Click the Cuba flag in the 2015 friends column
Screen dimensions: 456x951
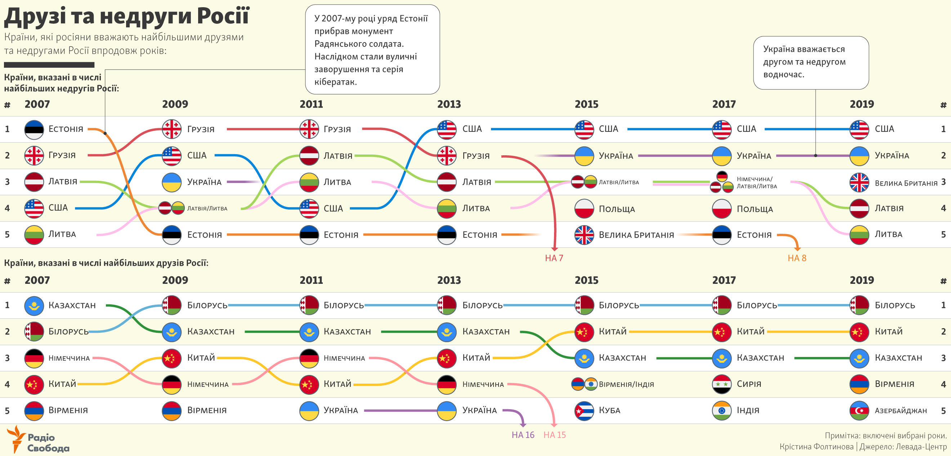(584, 411)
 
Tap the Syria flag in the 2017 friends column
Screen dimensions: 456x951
(722, 384)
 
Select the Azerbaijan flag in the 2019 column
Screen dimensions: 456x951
(859, 411)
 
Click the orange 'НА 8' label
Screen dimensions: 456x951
(797, 258)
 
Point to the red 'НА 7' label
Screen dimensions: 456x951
(554, 258)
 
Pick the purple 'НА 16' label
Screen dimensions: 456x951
(523, 435)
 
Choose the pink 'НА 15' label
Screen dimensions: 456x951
(554, 435)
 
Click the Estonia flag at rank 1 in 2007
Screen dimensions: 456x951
(34, 129)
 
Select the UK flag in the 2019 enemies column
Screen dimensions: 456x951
(859, 182)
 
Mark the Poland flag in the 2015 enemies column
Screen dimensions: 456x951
(584, 209)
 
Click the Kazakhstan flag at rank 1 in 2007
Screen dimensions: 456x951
(34, 305)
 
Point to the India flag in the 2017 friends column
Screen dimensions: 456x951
(722, 411)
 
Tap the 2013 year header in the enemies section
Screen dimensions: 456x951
(449, 104)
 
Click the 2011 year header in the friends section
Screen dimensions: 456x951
(311, 281)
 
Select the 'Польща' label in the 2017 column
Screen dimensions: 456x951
(755, 209)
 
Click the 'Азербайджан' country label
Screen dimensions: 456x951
(901, 411)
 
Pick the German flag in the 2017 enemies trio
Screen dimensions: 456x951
(722, 176)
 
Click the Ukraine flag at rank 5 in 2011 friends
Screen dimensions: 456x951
(309, 411)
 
